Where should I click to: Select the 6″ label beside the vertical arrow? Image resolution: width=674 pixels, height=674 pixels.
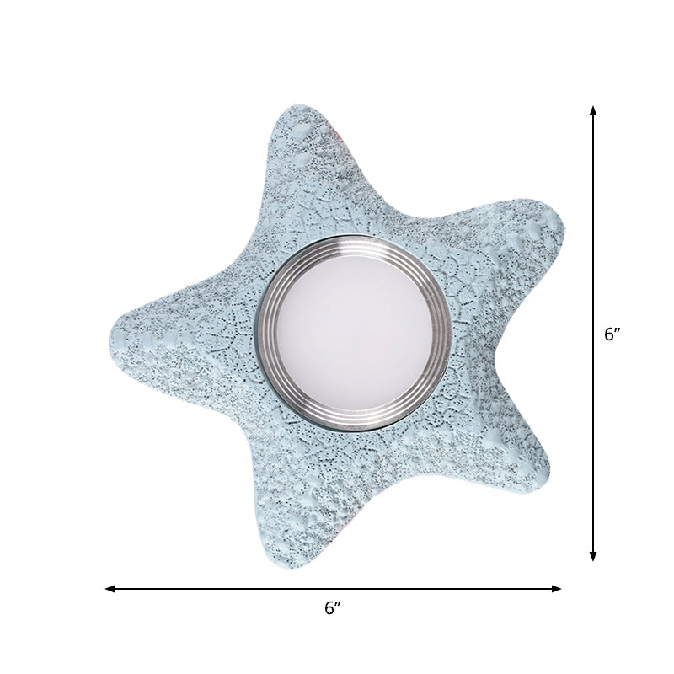(612, 334)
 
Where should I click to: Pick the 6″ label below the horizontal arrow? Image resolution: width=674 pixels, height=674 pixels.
(334, 608)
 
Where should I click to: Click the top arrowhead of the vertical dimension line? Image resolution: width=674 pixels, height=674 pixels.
(593, 110)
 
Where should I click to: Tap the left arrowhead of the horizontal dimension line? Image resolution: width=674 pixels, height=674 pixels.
(110, 588)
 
